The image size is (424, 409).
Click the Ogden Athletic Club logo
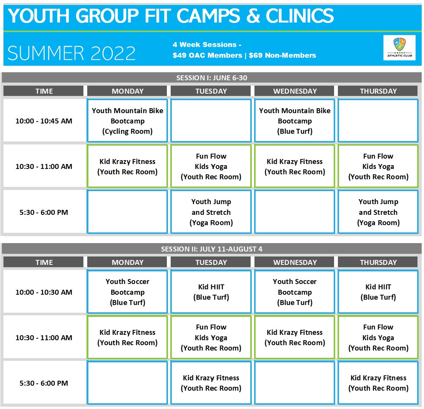coord(400,47)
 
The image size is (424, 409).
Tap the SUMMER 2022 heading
coord(72,53)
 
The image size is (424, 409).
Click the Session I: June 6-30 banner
coord(212,78)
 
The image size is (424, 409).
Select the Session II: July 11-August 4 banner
coord(212,249)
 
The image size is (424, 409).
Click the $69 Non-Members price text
coord(282,55)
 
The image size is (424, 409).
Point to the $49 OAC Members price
coord(207,55)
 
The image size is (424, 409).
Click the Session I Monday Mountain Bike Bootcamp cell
coord(127,121)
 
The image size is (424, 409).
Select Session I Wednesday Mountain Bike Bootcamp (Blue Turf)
coord(295,121)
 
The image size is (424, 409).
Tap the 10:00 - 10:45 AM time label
coord(44,121)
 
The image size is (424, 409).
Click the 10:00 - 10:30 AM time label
coord(44,292)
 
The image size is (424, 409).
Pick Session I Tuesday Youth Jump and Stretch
coord(211,212)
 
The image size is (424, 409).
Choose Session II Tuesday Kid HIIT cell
coord(211,292)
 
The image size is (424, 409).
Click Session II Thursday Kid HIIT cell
coord(378,292)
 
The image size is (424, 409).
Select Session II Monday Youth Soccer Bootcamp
coord(127,292)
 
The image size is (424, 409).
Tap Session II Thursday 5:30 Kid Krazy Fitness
coord(378,383)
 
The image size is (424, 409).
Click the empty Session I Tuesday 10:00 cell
coord(211,121)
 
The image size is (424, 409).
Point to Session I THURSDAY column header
coord(378,91)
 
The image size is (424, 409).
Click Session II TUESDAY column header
coord(211,262)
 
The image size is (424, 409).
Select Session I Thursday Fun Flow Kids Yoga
coord(378,166)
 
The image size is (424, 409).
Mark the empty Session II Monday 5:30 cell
coord(127,383)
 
